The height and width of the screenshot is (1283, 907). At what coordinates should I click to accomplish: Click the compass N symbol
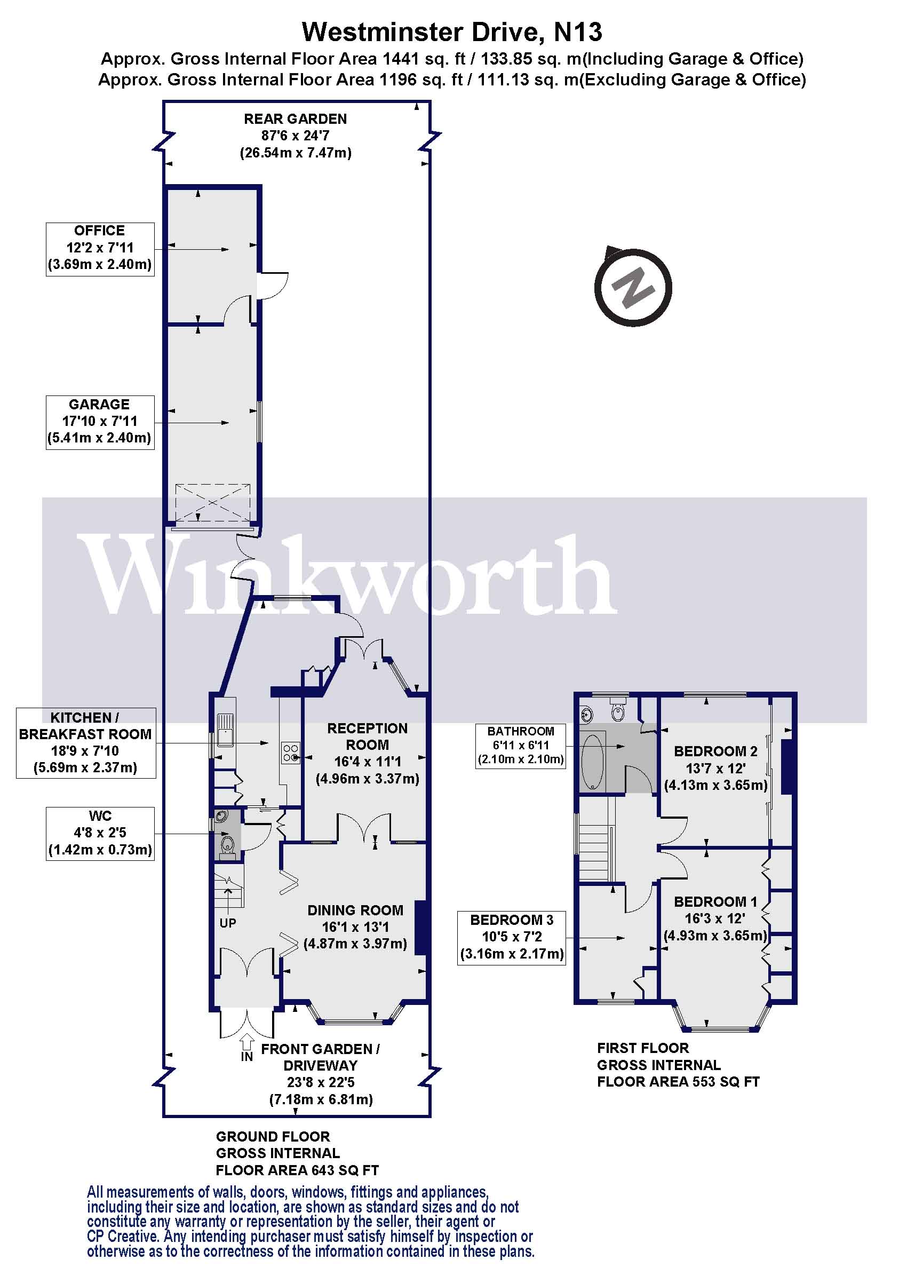click(632, 288)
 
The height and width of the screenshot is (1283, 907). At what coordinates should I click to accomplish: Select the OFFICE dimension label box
click(100, 249)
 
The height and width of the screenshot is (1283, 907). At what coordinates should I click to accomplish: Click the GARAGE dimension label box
click(100, 423)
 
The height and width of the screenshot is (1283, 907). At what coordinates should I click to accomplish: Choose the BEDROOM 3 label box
click(512, 937)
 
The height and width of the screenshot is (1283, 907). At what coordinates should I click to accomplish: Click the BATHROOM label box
click(521, 746)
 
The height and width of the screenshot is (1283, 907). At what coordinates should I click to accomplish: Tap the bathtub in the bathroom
click(593, 762)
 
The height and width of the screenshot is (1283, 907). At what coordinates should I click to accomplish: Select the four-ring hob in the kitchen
click(290, 752)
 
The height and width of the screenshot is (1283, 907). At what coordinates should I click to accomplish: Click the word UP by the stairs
click(227, 923)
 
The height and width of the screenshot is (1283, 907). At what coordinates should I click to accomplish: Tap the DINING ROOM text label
click(355, 910)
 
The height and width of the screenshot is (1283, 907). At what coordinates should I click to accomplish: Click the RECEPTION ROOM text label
click(367, 736)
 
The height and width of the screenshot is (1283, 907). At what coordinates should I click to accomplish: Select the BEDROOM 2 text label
click(715, 751)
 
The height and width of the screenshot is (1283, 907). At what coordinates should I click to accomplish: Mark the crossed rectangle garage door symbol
click(212, 503)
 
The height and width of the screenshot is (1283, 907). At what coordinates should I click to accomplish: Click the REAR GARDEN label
click(295, 119)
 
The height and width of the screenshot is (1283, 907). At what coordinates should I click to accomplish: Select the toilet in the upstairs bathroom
click(618, 710)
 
